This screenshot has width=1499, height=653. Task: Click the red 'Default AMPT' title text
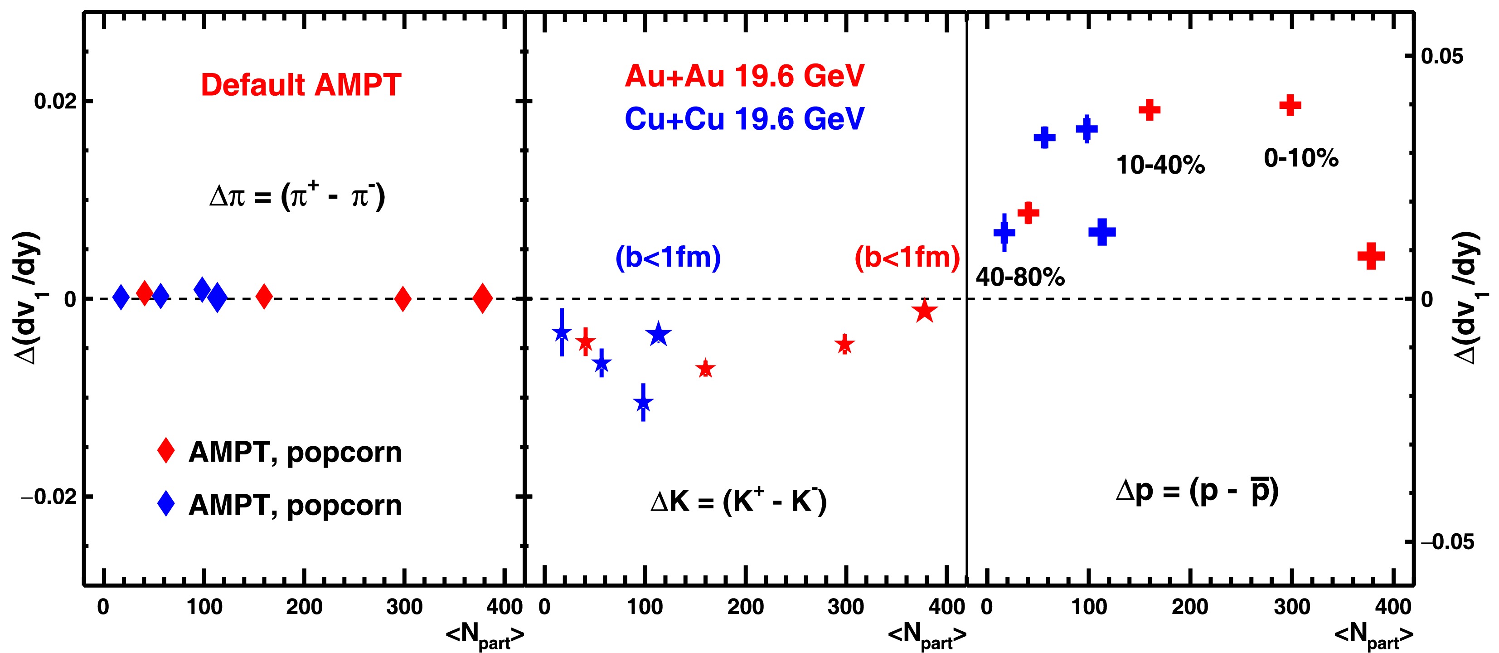tap(301, 85)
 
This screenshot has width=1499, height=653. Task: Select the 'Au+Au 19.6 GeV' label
tap(744, 76)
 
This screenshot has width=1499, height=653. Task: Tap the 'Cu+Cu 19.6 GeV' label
tap(744, 119)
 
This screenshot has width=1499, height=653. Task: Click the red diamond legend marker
tap(166, 450)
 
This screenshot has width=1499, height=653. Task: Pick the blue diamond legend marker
tap(166, 503)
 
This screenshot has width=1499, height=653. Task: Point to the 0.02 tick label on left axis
tap(55, 101)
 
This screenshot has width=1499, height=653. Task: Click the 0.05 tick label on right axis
tap(1441, 56)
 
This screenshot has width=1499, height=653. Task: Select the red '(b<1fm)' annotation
tap(907, 257)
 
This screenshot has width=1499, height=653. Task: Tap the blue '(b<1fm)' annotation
tap(668, 257)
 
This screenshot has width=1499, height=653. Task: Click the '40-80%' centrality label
tap(1020, 277)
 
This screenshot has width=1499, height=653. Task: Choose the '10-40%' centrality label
tap(1160, 165)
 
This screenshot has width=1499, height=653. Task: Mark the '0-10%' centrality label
tap(1301, 158)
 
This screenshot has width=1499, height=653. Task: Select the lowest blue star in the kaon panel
tap(643, 402)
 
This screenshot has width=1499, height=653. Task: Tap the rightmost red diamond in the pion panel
tap(482, 298)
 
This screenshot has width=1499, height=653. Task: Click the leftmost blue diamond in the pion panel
tap(121, 297)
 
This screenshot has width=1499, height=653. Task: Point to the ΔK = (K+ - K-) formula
tap(738, 501)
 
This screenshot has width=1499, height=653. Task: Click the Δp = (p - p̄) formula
tap(1197, 492)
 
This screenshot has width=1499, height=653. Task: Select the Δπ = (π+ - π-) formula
tap(297, 196)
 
